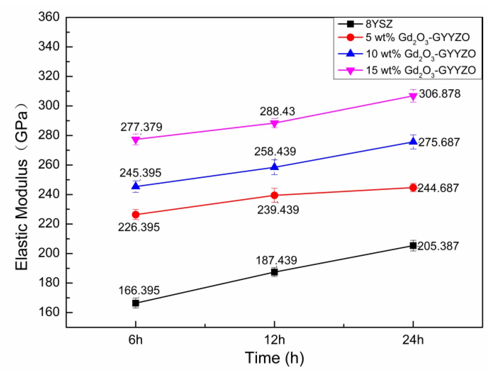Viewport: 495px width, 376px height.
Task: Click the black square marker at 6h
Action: click(135, 303)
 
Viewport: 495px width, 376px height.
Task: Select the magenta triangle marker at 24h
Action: click(413, 96)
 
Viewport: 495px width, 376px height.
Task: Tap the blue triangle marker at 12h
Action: click(275, 167)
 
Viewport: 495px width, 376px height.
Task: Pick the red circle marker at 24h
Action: click(413, 187)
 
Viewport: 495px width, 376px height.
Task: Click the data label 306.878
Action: click(440, 94)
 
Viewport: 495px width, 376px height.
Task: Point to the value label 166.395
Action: click(139, 290)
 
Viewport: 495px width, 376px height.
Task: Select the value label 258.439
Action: click(275, 152)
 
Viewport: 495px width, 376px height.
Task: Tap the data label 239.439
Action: click(278, 210)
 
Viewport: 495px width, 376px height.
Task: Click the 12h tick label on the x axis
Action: click(275, 340)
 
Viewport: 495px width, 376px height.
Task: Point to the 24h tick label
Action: click(413, 340)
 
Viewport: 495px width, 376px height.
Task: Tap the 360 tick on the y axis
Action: click(49, 17)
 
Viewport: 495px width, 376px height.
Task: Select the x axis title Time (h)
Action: click(274, 358)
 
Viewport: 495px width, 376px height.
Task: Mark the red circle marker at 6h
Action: click(135, 215)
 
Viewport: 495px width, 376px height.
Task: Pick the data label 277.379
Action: click(141, 127)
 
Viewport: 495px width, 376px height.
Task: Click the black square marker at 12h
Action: click(275, 272)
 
